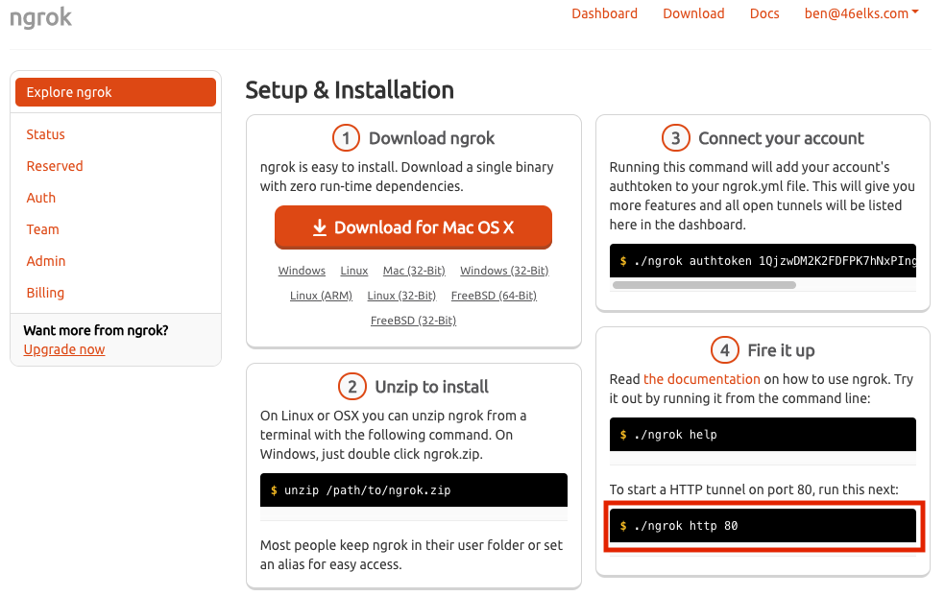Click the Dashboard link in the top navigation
tap(604, 13)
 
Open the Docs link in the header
tap(764, 13)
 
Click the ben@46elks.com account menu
tap(861, 13)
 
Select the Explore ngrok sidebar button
tap(115, 92)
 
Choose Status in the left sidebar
tap(45, 134)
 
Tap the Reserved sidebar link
tap(55, 166)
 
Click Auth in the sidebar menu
tap(41, 198)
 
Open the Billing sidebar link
tap(45, 293)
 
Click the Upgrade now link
tap(64, 349)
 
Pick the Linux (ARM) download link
tap(321, 296)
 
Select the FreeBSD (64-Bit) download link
tap(494, 296)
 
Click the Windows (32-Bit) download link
tap(504, 271)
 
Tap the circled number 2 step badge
tap(351, 387)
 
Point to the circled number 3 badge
tap(675, 138)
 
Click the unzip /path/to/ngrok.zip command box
tap(413, 490)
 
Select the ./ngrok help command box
tap(763, 435)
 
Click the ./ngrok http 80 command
tap(763, 526)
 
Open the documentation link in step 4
tap(701, 379)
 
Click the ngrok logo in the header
tap(40, 17)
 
